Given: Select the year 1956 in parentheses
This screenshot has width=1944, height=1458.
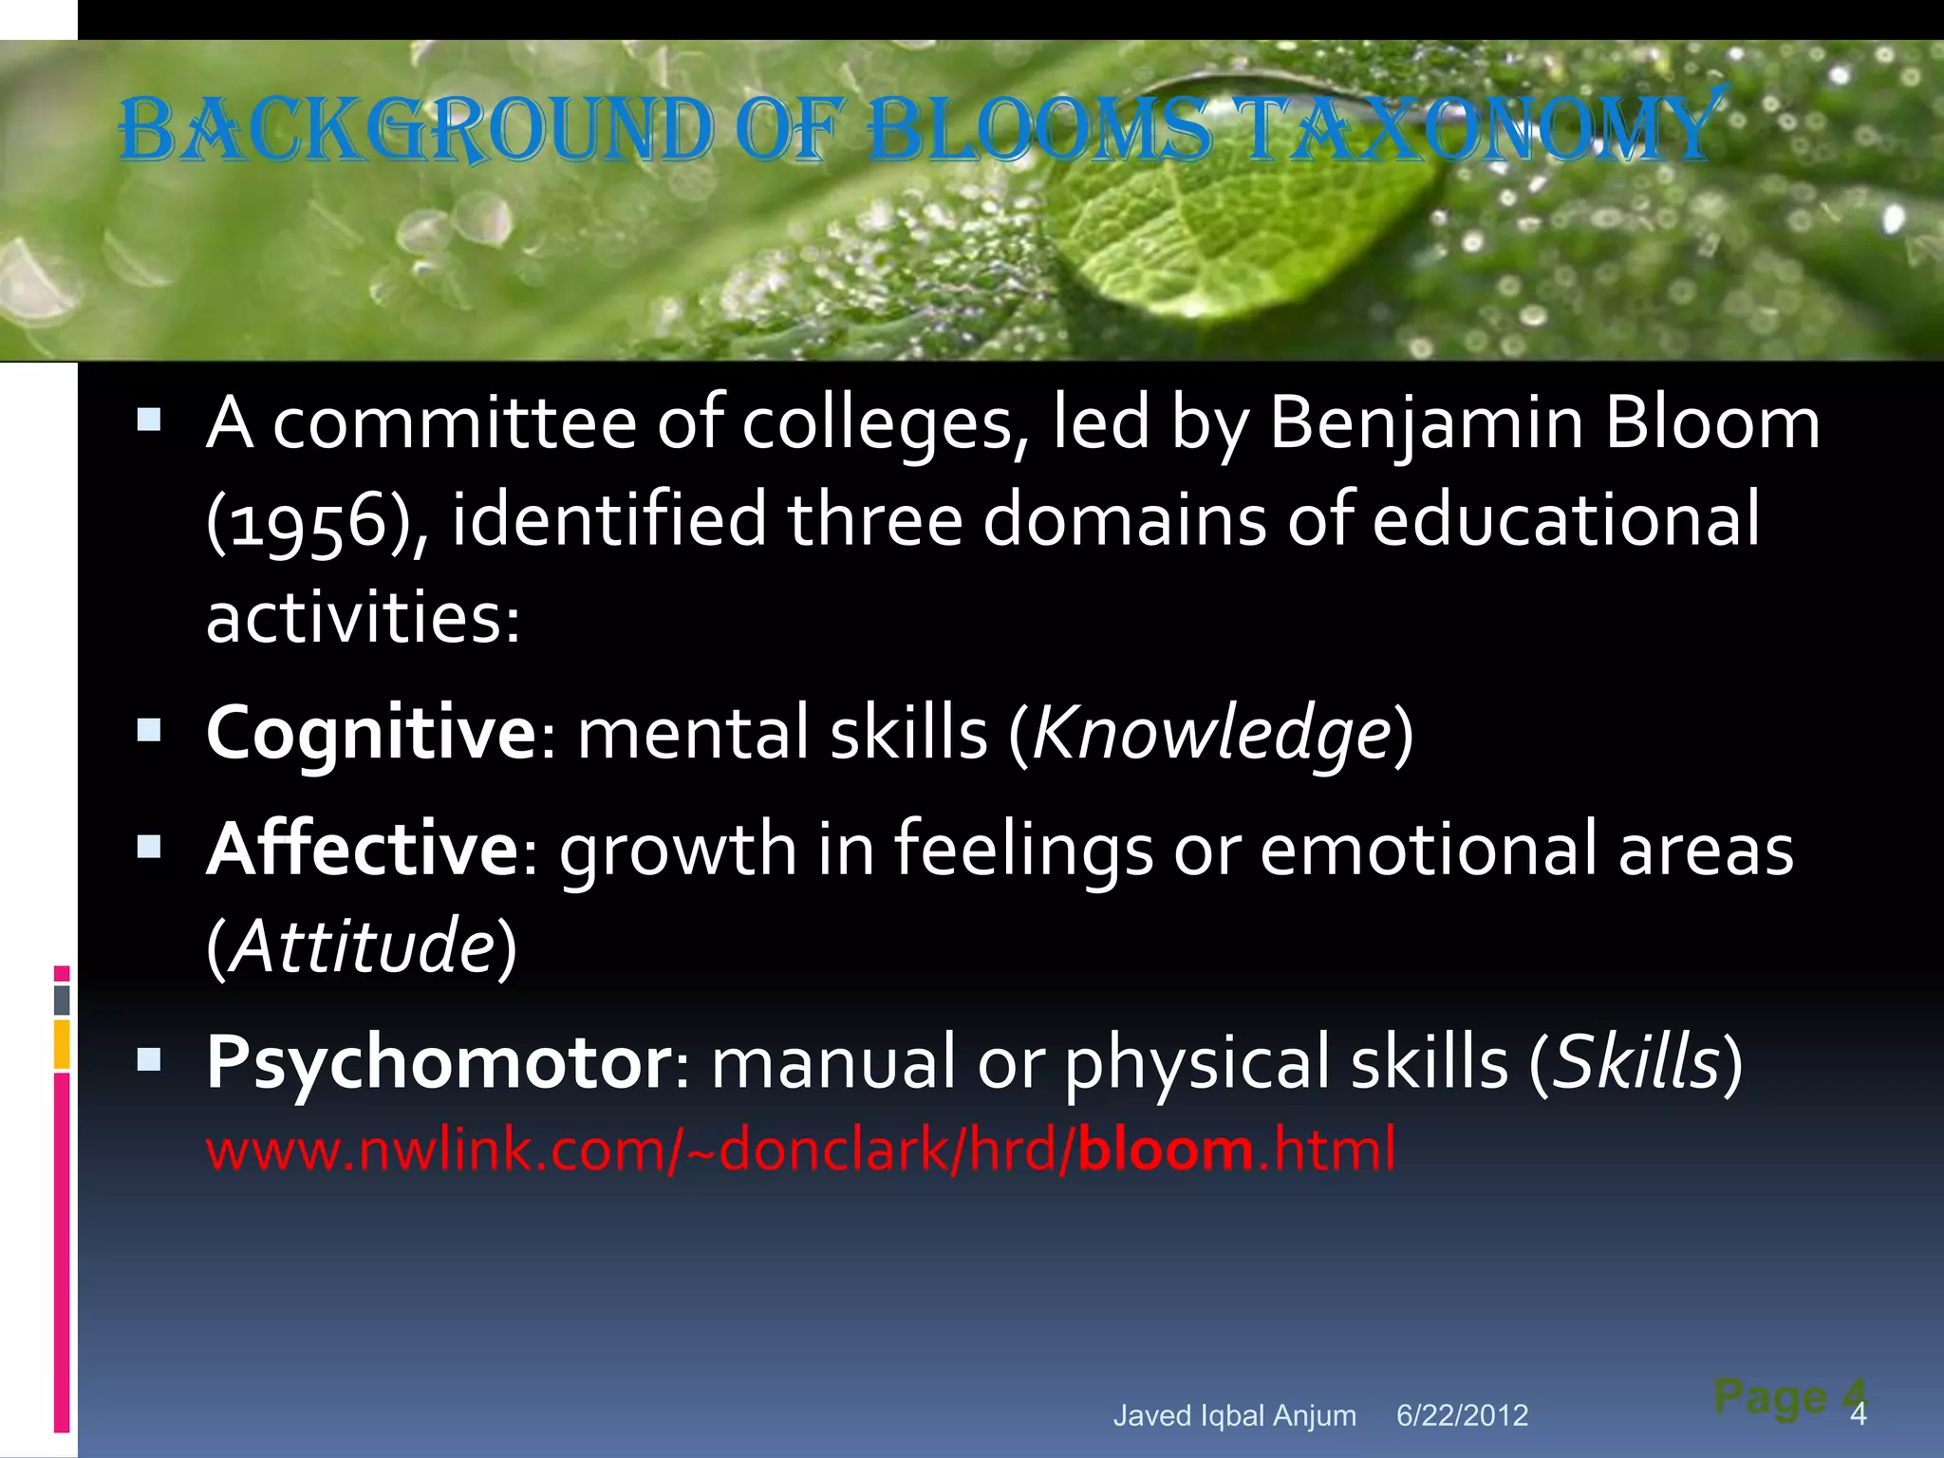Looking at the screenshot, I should click(300, 520).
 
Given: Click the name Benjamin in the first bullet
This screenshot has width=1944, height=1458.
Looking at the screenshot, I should click(1425, 422).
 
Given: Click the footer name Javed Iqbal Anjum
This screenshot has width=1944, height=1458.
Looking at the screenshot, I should click(1234, 1415).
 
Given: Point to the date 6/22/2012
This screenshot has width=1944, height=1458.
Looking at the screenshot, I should click(1462, 1415).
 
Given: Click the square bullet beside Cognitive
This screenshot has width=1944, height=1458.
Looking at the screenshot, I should click(149, 731).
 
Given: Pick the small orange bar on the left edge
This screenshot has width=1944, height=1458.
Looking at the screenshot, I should click(62, 1044).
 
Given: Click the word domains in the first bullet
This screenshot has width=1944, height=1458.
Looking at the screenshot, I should click(1124, 520).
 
